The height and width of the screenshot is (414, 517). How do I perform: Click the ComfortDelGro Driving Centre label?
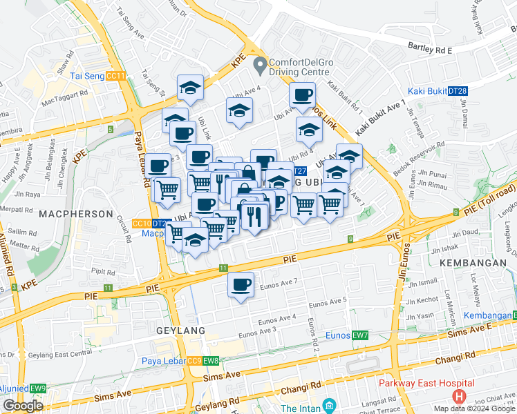[305, 66]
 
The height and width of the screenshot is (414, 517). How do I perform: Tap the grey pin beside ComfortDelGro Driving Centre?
[260, 66]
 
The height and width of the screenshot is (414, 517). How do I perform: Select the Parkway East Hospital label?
[426, 384]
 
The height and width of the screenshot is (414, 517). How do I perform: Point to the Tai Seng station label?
[87, 76]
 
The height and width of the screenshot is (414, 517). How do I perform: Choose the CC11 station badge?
[117, 76]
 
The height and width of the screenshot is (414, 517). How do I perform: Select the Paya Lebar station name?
[164, 361]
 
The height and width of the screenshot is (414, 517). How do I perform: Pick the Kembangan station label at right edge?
[487, 315]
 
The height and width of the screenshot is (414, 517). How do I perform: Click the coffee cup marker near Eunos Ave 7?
[241, 285]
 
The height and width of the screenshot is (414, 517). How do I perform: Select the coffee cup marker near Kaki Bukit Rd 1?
[302, 95]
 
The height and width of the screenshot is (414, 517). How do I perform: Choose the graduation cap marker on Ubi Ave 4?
[239, 110]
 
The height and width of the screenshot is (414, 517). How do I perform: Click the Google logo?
[23, 406]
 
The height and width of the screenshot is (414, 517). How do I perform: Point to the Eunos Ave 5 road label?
[328, 302]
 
